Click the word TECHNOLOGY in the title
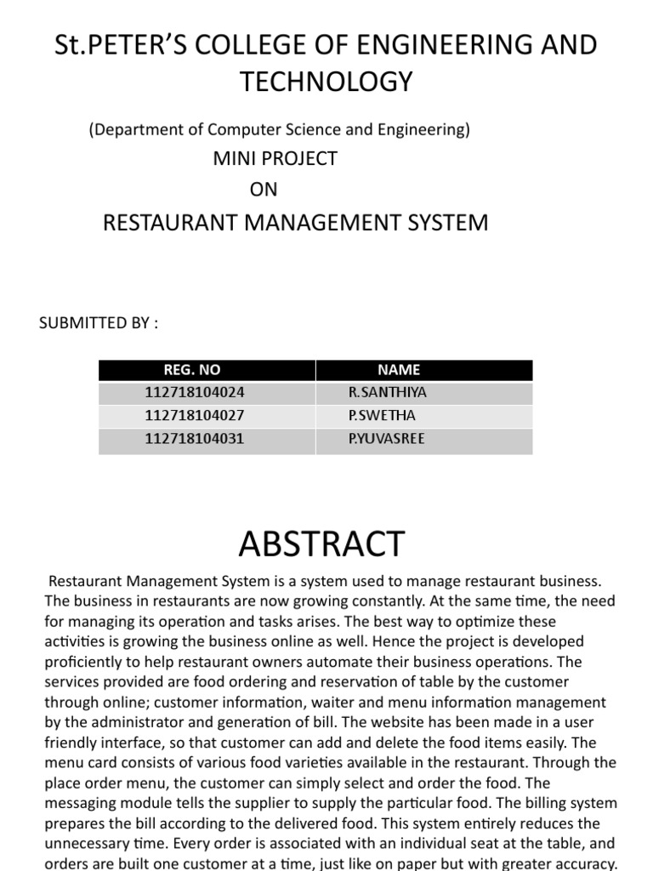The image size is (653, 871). coord(326,82)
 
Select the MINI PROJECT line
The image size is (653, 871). coord(275,158)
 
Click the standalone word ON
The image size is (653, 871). coord(264,189)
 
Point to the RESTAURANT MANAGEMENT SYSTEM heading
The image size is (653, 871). coord(295,223)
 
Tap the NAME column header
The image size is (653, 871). coord(399,370)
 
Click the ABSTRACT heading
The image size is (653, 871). coord(322,543)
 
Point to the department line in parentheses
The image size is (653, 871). coord(280,130)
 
